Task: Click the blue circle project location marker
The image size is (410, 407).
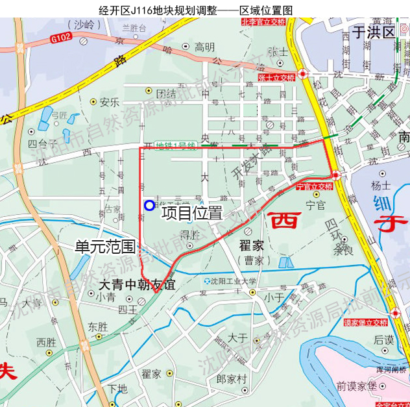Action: [149, 205]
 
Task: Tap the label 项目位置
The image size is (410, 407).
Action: [192, 212]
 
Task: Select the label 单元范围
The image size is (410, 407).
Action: [104, 247]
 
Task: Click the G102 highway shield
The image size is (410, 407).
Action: [59, 40]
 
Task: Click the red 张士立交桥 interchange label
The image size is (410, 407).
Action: [276, 77]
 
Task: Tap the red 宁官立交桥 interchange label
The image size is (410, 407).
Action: [314, 187]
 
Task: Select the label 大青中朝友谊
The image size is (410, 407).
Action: [138, 284]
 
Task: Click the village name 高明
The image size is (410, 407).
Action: [204, 47]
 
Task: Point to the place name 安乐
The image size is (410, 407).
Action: [110, 102]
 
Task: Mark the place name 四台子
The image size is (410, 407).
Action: [42, 143]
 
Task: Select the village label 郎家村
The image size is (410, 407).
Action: [232, 378]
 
